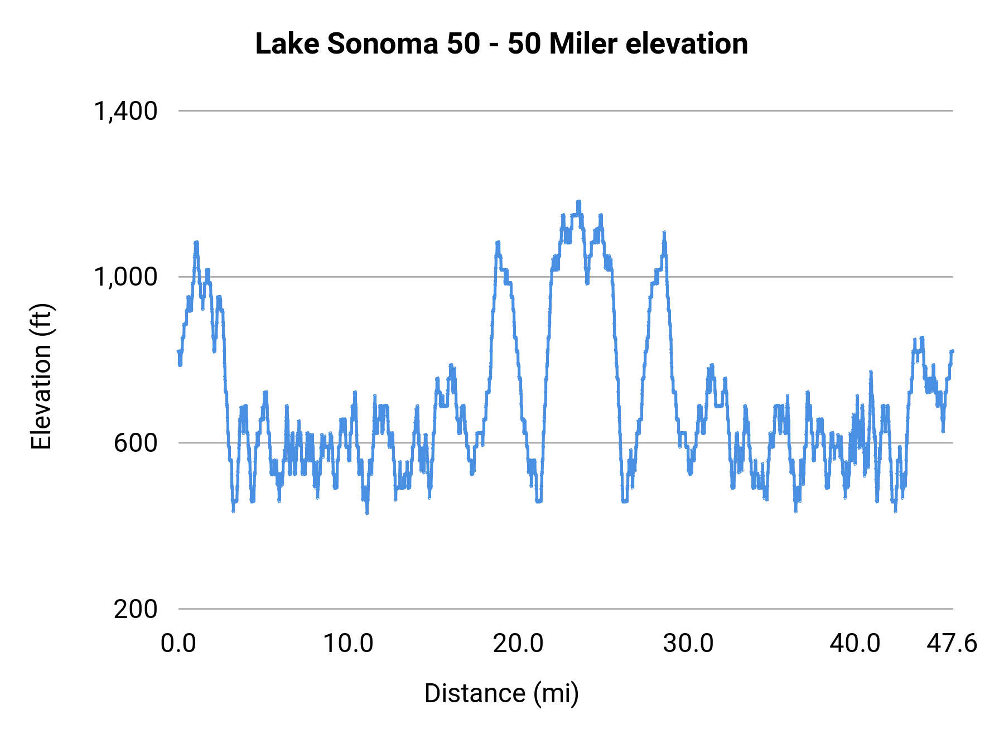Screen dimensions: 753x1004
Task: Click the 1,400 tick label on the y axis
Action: point(126,111)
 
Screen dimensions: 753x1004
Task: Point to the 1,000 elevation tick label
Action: point(126,277)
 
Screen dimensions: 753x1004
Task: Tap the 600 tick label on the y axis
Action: point(136,443)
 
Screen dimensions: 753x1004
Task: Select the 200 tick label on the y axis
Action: point(136,609)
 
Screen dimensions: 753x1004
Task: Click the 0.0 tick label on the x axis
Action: point(178,644)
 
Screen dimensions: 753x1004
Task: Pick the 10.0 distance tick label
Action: point(349,644)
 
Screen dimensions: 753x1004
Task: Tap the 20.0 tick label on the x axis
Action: point(518,644)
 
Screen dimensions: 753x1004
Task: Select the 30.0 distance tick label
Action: point(688,644)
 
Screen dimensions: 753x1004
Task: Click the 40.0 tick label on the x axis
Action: point(855,644)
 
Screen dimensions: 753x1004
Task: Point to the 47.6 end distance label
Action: point(952,644)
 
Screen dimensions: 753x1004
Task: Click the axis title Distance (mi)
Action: point(501,693)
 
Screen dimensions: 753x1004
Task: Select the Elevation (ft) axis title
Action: point(41,376)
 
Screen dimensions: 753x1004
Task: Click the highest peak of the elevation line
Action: point(578,202)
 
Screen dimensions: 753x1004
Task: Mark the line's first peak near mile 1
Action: point(196,243)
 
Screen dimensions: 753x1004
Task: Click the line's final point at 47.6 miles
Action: point(952,351)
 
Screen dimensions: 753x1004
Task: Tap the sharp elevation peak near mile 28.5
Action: point(664,233)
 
